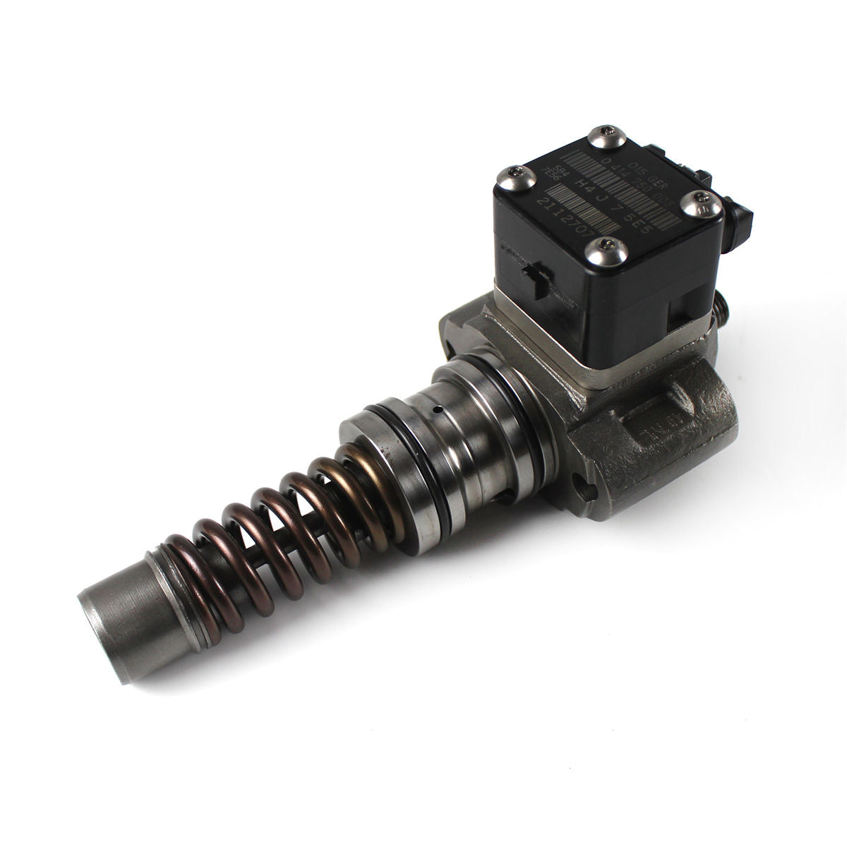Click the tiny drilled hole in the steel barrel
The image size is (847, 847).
click(x=438, y=408)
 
